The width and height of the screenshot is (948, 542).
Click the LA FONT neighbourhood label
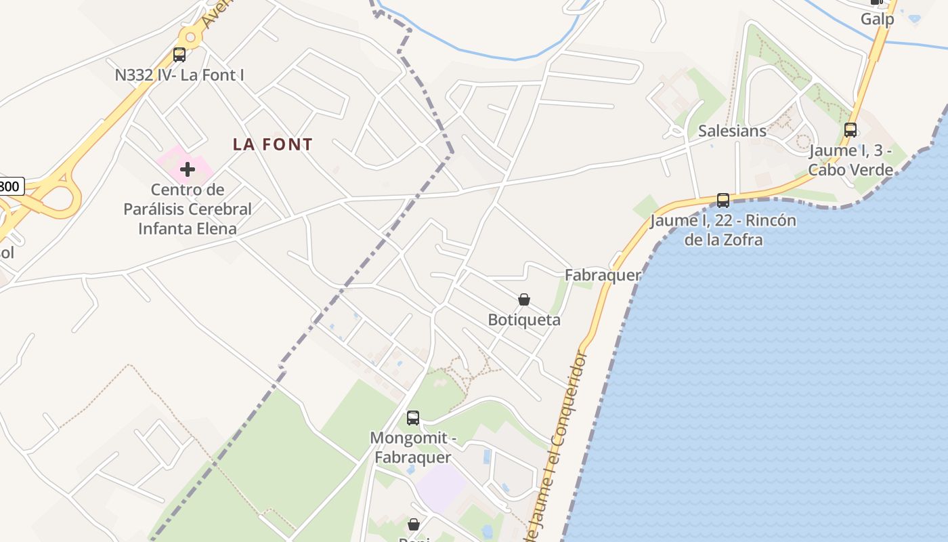pyautogui.click(x=273, y=144)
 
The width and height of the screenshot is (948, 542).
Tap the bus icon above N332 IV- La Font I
pyautogui.click(x=179, y=55)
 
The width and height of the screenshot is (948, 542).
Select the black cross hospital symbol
pyautogui.click(x=188, y=169)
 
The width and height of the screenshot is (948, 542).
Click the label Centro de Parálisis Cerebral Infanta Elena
pyautogui.click(x=188, y=209)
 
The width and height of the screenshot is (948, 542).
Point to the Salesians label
pyautogui.click(x=732, y=131)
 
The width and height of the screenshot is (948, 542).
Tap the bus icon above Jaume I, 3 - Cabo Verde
pyautogui.click(x=850, y=129)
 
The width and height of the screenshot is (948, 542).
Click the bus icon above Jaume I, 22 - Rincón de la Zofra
pyautogui.click(x=723, y=200)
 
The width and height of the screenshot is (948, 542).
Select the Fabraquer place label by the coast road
pyautogui.click(x=603, y=275)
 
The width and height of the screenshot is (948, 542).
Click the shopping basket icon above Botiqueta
pyautogui.click(x=524, y=299)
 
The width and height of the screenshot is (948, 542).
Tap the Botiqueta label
pyautogui.click(x=524, y=320)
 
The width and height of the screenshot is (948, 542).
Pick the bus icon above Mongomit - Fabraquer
pyautogui.click(x=413, y=418)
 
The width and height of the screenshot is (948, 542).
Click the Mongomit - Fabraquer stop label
pyautogui.click(x=413, y=448)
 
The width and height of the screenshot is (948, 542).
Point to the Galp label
pyautogui.click(x=877, y=19)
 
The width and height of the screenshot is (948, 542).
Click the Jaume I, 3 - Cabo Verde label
pyautogui.click(x=850, y=161)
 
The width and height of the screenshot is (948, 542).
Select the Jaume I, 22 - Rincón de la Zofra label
pyautogui.click(x=723, y=230)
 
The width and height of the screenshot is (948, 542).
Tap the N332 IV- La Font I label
pyautogui.click(x=179, y=75)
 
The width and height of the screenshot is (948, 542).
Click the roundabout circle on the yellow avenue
pyautogui.click(x=191, y=37)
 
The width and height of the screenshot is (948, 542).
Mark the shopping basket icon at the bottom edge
pyautogui.click(x=414, y=524)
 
